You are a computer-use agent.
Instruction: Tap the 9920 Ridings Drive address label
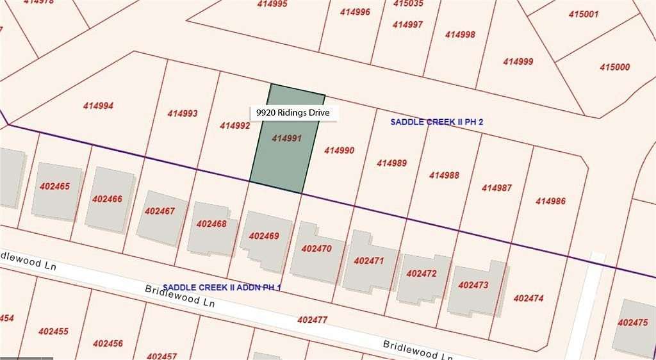293,113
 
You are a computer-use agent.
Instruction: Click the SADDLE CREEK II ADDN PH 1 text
222,288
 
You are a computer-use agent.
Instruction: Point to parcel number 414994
98,106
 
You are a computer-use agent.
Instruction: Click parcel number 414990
339,151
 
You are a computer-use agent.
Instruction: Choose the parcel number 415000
614,67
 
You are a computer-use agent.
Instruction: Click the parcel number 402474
529,298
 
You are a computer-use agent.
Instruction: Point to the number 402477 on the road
313,318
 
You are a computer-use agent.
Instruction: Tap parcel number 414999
518,61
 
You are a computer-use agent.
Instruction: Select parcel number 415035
408,3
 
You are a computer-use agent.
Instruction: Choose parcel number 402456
107,343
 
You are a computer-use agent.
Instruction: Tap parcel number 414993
183,113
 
